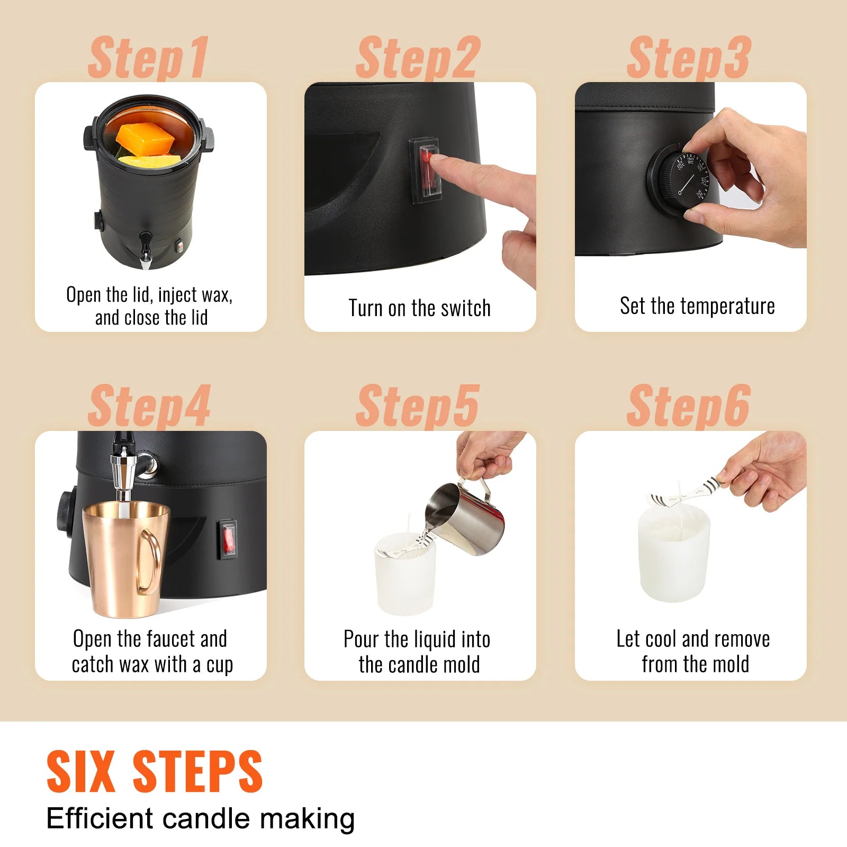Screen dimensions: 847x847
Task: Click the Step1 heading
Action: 148,58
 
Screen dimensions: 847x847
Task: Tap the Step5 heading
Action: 418,407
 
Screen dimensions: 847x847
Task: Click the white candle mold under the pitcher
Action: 406,577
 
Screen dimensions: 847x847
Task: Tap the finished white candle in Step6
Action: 673,556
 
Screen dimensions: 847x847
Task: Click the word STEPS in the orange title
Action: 197,772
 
